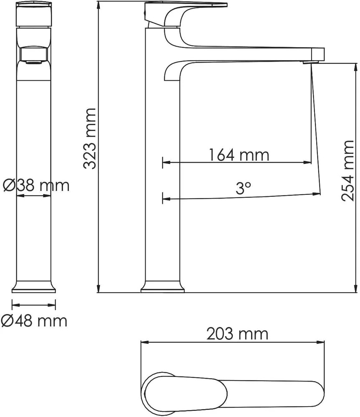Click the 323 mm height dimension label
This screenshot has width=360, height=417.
coord(89,138)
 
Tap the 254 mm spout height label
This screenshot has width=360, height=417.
coord(347,171)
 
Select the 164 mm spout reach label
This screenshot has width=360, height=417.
coord(239,155)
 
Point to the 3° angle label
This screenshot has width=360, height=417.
coord(243,188)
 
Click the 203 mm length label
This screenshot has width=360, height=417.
coord(237,334)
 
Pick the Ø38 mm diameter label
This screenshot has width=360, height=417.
coord(36,186)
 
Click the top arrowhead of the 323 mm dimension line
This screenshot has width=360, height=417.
coord(99,5)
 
